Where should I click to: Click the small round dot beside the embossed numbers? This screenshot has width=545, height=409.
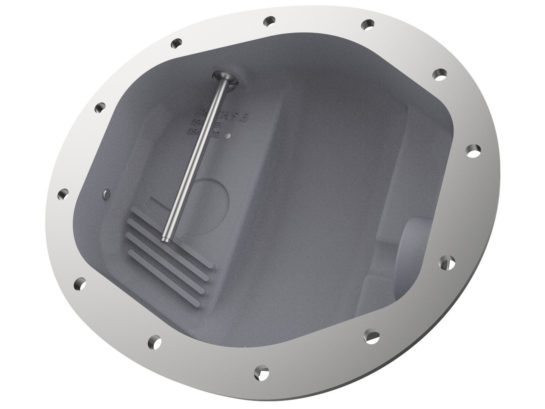point(229,136)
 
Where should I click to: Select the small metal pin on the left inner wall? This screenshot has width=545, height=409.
point(105,194)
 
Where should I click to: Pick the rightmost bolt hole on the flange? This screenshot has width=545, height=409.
point(473,150)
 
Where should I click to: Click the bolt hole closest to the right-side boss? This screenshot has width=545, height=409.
point(445,262)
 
